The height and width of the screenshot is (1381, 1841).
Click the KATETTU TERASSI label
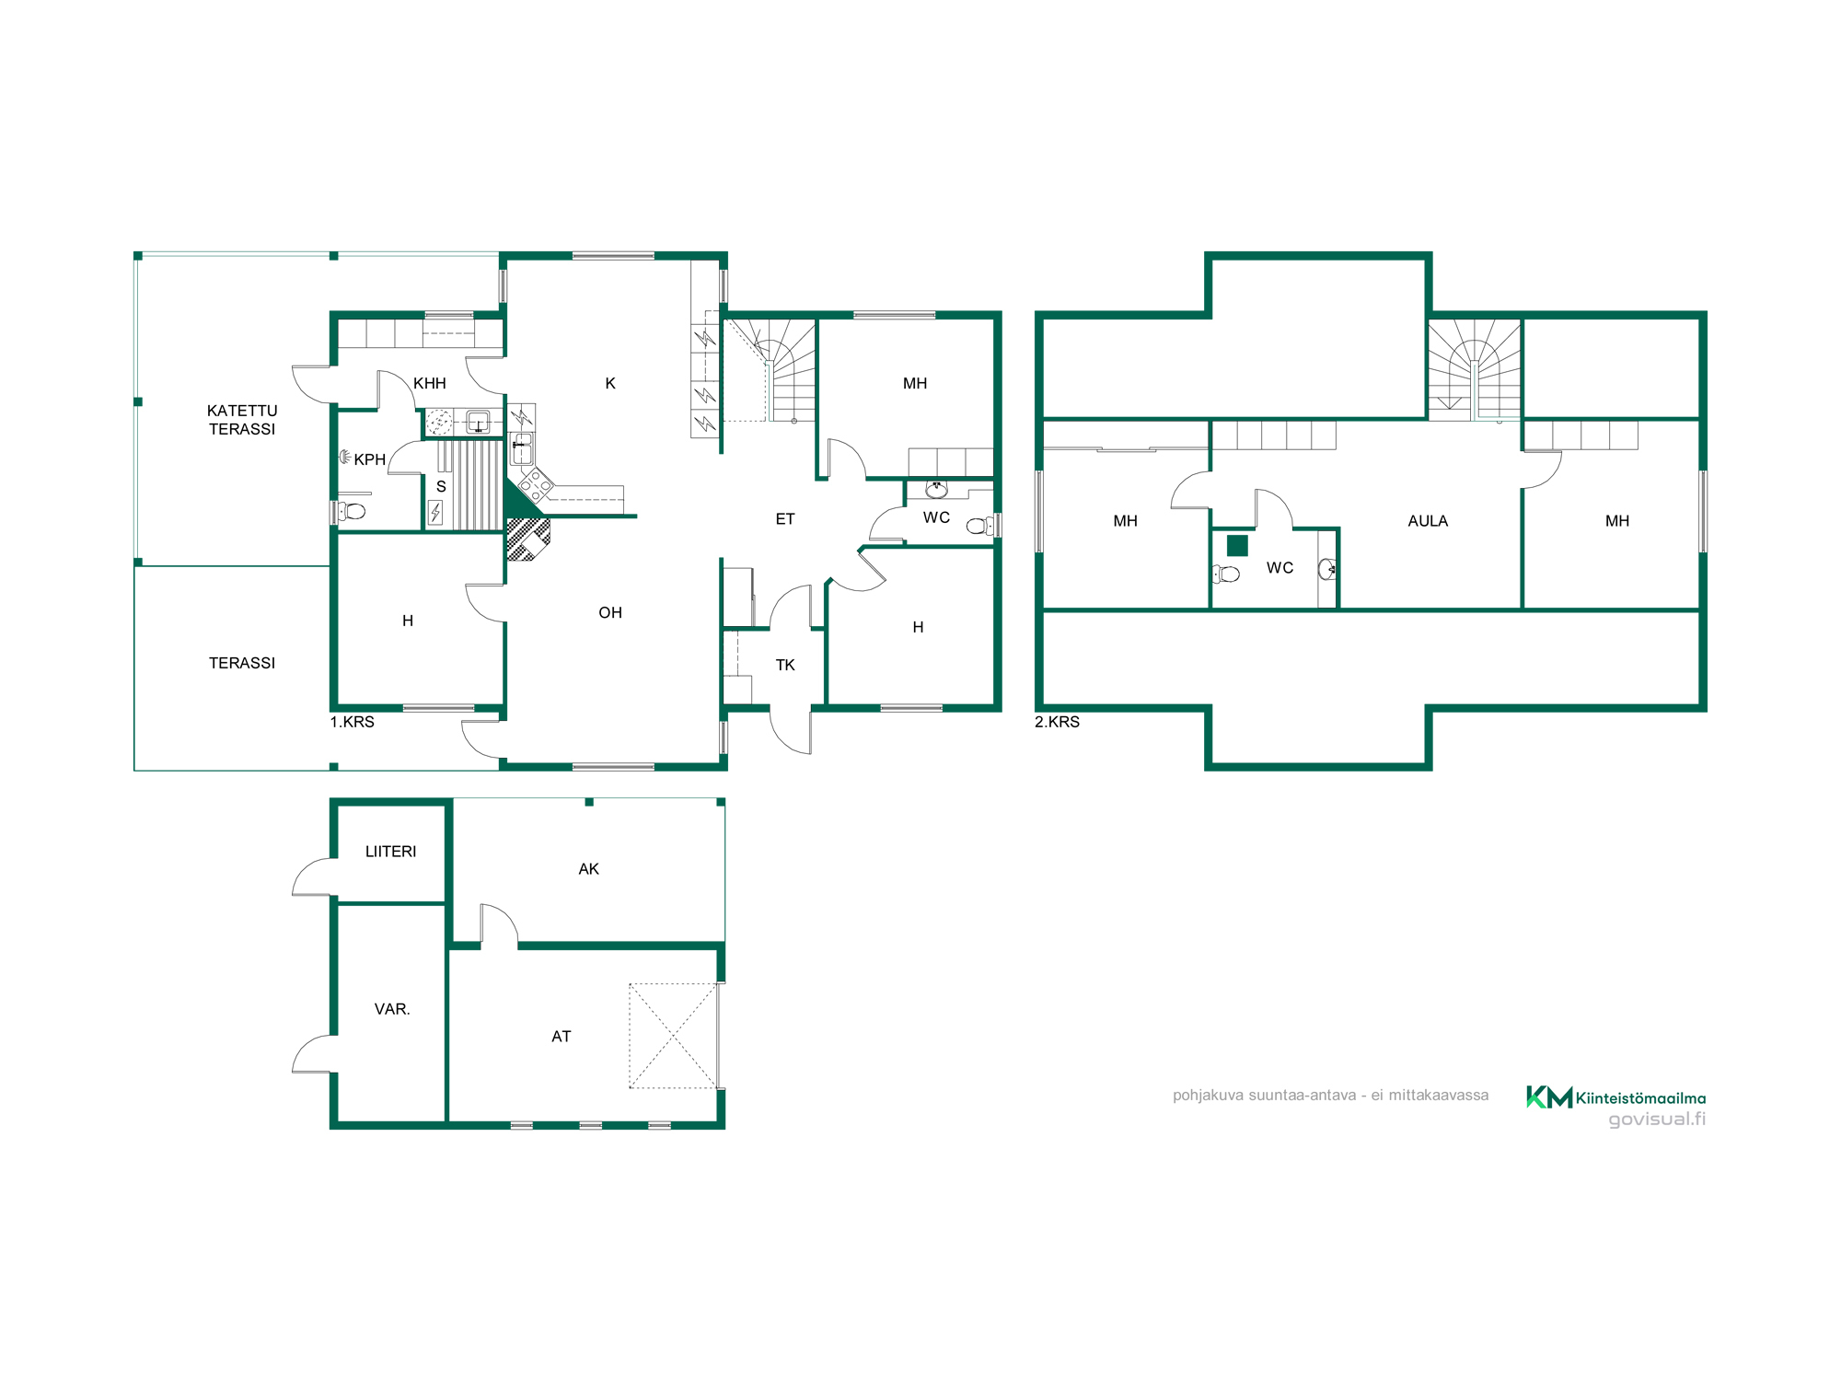coord(242,420)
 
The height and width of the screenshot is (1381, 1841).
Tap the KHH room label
coord(430,383)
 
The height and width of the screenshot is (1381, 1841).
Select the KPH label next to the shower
coord(370,459)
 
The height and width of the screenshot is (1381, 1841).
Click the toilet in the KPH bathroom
coord(352,511)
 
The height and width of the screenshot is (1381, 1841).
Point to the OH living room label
coord(610,612)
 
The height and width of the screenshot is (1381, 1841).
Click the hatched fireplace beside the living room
coord(528,540)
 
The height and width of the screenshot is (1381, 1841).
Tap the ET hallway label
coord(785,519)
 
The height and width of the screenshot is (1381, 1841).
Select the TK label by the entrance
coord(785,665)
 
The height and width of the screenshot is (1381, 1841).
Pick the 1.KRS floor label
coord(353,722)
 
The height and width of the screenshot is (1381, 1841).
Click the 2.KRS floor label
coord(1057,722)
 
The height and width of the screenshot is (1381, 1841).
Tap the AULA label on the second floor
coord(1428,521)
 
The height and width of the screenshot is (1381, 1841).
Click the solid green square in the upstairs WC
coord(1237,545)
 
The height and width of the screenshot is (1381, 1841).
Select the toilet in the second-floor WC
coord(1226,574)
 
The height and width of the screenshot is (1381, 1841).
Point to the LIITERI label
coord(391,852)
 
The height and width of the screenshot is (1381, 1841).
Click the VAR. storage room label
coord(392,1009)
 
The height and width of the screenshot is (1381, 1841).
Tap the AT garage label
coord(562,1037)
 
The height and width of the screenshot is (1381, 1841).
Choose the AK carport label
coord(589,869)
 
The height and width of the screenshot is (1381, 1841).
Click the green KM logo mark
coord(1549,1097)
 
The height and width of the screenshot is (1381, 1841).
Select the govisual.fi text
coord(1657,1120)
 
